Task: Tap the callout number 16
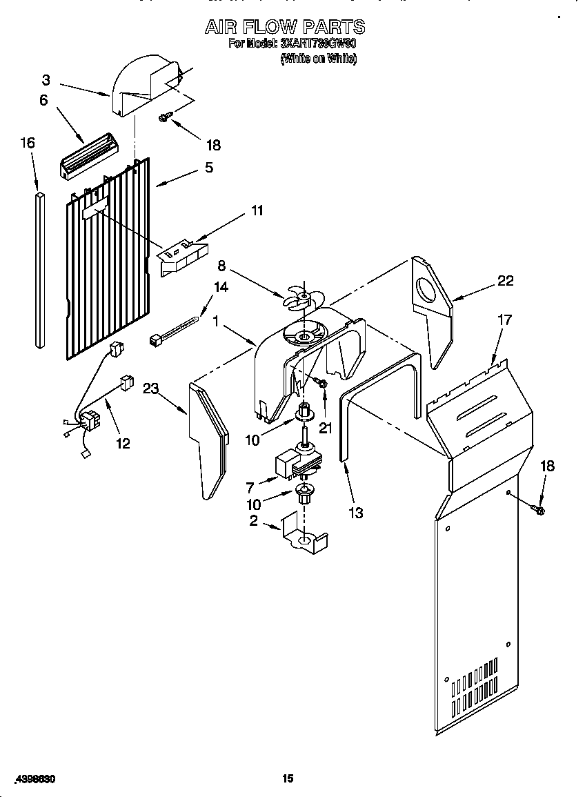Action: (27, 143)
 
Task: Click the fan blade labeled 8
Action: (301, 299)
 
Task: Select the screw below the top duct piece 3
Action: (164, 118)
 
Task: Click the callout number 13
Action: (356, 513)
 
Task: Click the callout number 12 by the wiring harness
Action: (123, 443)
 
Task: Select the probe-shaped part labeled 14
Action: (175, 328)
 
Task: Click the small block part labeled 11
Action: (181, 255)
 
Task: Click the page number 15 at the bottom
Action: (288, 778)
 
